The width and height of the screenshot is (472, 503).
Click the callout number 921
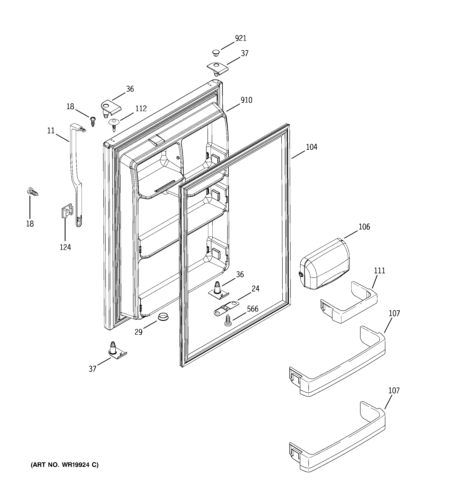pyautogui.click(x=240, y=38)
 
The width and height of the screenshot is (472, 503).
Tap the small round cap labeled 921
pyautogui.click(x=216, y=53)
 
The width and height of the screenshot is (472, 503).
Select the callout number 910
pyautogui.click(x=246, y=100)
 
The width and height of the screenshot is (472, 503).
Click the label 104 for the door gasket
pyautogui.click(x=311, y=147)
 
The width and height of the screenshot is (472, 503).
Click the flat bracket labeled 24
pyautogui.click(x=226, y=308)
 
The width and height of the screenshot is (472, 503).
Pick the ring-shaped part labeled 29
pyautogui.click(x=163, y=316)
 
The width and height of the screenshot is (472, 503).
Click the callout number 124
pyautogui.click(x=65, y=247)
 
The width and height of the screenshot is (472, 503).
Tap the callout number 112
pyautogui.click(x=141, y=109)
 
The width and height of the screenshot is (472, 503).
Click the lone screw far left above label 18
pyautogui.click(x=33, y=192)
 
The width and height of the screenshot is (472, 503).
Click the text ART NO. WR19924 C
pyautogui.click(x=65, y=465)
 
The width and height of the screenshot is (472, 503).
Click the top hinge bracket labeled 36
pyautogui.click(x=110, y=108)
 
